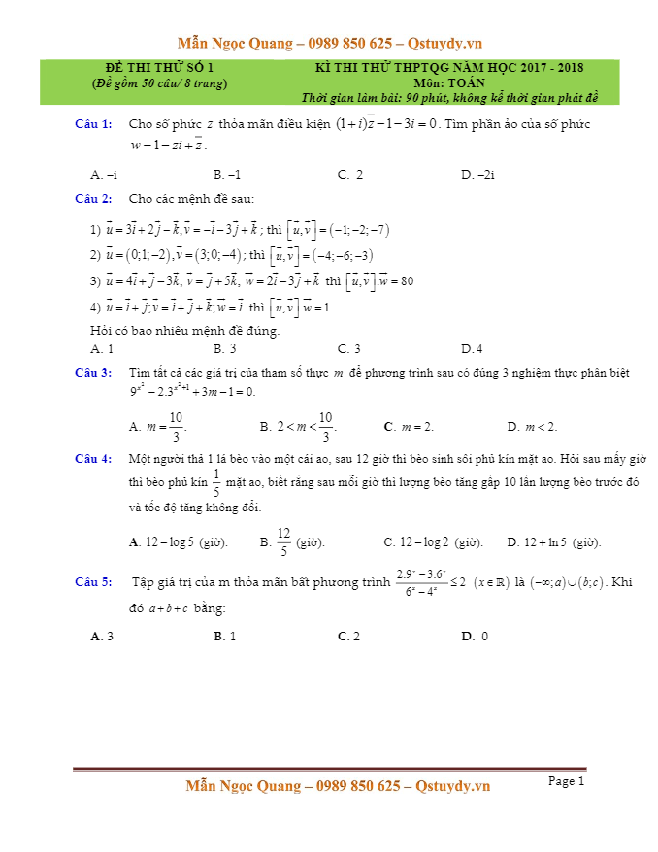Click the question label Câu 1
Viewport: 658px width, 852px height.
click(93, 124)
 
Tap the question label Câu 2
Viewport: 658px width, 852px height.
click(93, 199)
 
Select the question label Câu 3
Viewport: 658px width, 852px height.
click(93, 373)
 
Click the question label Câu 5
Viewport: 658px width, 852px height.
click(93, 581)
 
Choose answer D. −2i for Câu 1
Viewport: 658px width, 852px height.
click(478, 175)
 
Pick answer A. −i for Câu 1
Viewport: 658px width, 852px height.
click(104, 175)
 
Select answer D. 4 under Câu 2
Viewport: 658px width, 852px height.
click(472, 348)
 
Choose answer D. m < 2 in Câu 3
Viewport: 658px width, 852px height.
click(532, 426)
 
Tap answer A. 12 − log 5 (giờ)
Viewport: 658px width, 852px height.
click(179, 542)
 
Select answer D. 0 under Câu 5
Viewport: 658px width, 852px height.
click(475, 637)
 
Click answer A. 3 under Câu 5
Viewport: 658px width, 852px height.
click(102, 637)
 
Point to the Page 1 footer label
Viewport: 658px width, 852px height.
click(567, 780)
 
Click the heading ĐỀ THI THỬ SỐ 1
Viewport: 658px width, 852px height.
click(159, 67)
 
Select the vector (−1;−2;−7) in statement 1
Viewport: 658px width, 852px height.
click(359, 230)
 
